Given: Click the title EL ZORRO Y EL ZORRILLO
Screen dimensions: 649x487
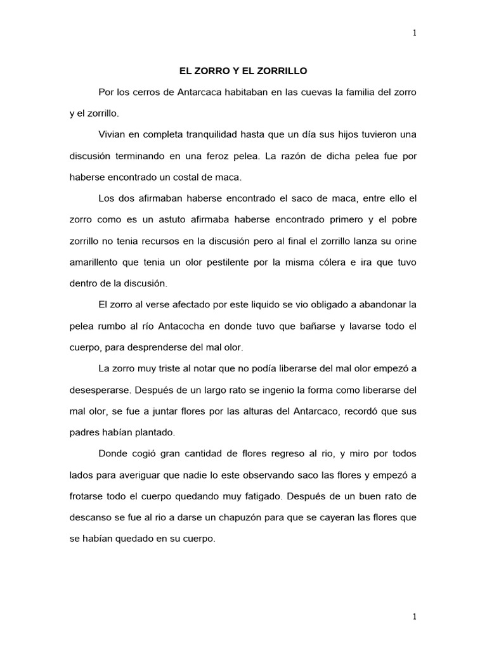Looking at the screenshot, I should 243,72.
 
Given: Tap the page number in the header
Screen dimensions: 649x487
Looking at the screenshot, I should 414,34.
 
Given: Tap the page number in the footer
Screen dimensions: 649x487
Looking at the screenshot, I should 414,616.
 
